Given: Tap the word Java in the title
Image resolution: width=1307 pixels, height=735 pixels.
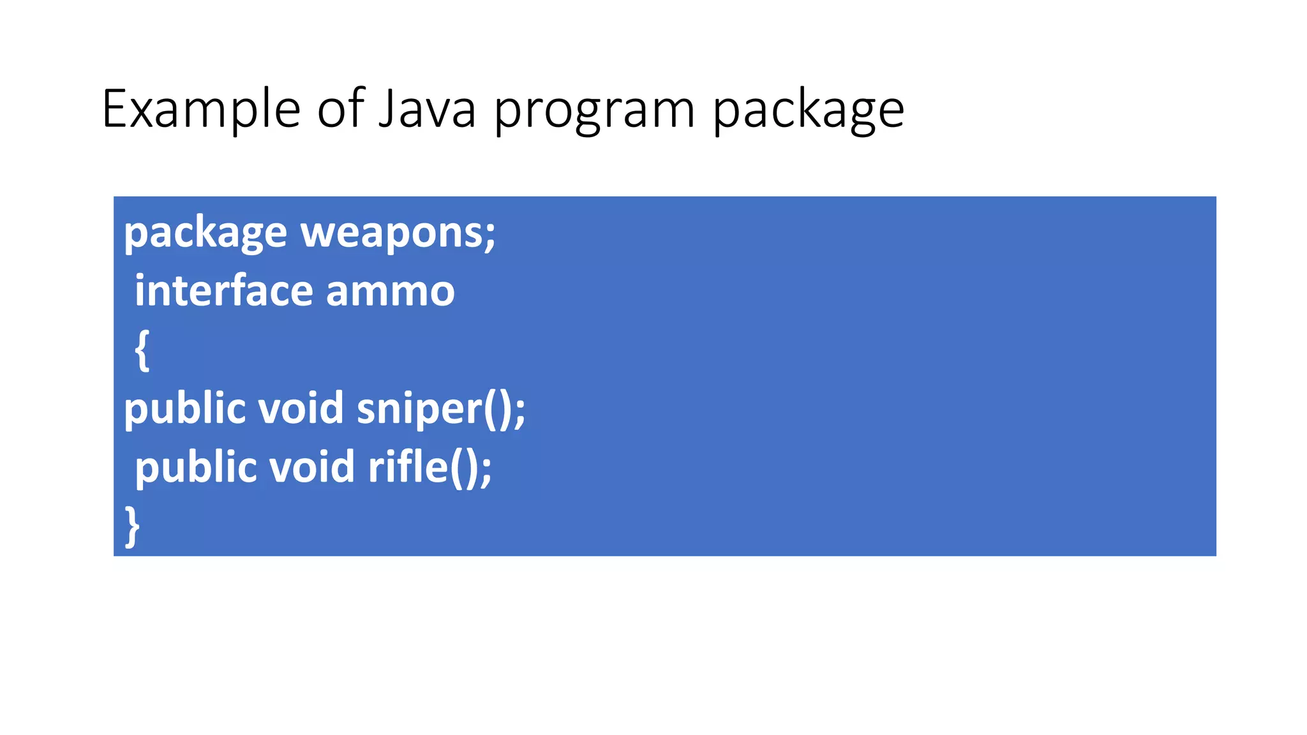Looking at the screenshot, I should tap(427, 109).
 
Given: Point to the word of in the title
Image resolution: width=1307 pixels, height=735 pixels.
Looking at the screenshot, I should tap(341, 109).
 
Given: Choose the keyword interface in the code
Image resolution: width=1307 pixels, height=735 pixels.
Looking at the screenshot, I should tap(224, 291).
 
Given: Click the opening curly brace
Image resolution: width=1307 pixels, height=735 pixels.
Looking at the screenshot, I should tap(142, 350).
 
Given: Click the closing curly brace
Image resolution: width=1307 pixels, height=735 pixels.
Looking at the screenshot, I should tap(132, 526).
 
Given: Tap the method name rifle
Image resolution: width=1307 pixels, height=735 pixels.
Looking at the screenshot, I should tap(408, 467).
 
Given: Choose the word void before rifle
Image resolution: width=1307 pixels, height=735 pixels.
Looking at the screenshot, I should tap(311, 467).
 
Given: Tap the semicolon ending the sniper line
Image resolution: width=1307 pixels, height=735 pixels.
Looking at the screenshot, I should tap(519, 412).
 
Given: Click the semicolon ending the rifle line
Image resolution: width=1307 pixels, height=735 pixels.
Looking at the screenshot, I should tap(486, 470).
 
